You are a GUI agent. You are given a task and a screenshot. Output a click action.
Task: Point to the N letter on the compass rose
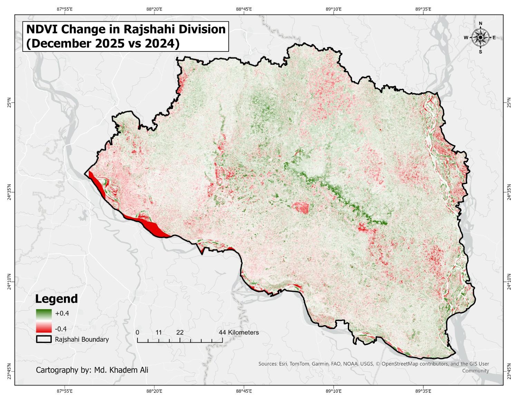(480, 23)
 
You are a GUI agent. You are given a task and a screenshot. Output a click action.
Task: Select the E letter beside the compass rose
(494, 38)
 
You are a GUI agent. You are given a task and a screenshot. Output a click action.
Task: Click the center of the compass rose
(480, 37)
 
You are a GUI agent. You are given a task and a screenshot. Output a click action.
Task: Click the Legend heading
(57, 299)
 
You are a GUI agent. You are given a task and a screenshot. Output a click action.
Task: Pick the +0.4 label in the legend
(62, 313)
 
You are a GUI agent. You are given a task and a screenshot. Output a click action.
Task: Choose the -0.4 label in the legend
(61, 328)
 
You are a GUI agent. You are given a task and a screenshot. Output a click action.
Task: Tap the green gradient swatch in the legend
(44, 313)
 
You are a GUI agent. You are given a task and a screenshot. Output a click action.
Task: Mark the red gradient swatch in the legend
(44, 328)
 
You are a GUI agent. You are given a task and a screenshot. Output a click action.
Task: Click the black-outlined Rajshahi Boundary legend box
(44, 340)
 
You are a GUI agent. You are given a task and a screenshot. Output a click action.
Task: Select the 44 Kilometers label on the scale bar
(239, 332)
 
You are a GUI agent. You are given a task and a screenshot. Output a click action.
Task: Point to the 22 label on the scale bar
(180, 332)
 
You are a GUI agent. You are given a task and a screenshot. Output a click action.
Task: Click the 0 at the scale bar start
(137, 332)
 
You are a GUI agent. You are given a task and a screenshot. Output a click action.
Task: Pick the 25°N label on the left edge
(9, 103)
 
